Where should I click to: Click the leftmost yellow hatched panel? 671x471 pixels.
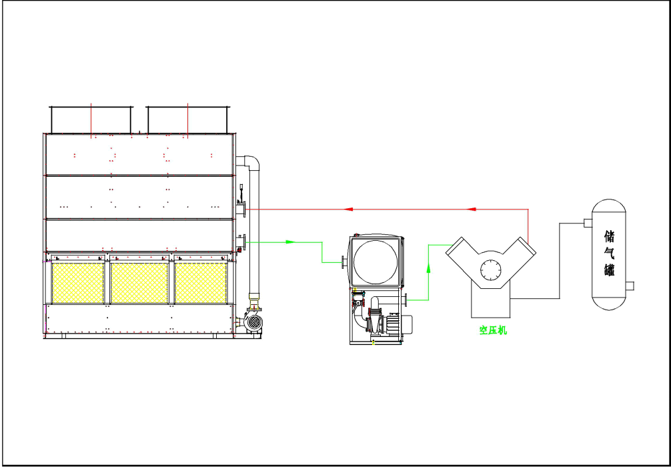pos(78,282)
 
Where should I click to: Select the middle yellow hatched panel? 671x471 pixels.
pos(139,282)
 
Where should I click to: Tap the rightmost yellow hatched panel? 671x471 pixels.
pos(201,282)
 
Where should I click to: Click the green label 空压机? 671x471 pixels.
pos(493,330)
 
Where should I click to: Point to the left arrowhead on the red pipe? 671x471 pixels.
pos(348,209)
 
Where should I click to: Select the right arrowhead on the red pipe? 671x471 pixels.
pos(472,209)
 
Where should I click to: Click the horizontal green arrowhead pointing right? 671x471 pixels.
pos(289,242)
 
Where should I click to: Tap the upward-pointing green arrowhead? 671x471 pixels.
pos(429,269)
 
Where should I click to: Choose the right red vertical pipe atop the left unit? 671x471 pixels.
pos(189,119)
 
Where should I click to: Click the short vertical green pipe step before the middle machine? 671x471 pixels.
pos(321,252)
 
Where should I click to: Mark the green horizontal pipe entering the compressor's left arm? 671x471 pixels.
pos(439,244)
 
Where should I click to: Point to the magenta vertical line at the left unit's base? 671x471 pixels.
pos(45,321)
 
